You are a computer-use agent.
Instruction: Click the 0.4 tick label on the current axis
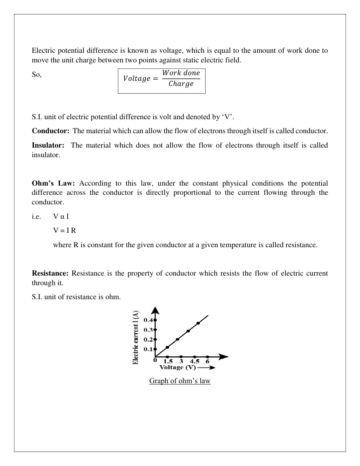[148, 320]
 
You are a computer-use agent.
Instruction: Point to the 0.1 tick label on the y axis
[148, 349]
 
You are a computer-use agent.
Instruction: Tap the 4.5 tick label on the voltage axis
[195, 362]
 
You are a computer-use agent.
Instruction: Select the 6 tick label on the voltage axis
[207, 362]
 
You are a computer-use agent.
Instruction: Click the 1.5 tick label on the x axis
[168, 362]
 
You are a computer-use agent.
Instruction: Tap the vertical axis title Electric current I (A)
[136, 337]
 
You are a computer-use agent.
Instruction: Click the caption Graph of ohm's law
[180, 381]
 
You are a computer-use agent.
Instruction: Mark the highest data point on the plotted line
[198, 323]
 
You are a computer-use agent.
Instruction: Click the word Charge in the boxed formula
[181, 84]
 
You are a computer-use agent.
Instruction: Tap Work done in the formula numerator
[181, 73]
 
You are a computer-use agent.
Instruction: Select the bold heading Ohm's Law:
[53, 184]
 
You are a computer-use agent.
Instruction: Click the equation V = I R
[64, 231]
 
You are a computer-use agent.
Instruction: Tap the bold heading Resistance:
[50, 274]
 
